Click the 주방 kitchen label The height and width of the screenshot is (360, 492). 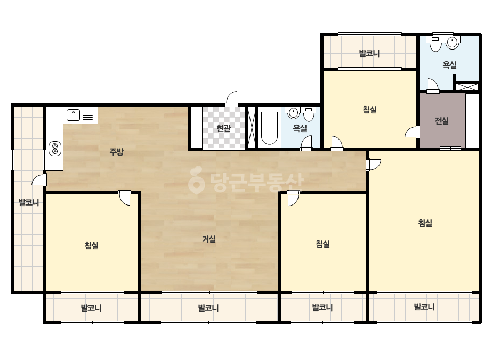coord(116,152)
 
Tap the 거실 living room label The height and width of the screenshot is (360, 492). coord(208,239)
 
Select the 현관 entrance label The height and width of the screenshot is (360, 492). coord(224,128)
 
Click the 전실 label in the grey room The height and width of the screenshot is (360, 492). coord(442,121)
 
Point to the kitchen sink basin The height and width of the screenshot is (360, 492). coord(74,115)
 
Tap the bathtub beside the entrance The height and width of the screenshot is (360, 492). coord(269,128)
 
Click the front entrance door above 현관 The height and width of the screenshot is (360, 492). coord(232,99)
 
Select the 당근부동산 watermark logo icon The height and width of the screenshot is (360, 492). coord(196,180)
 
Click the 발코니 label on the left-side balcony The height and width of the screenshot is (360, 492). coord(29,202)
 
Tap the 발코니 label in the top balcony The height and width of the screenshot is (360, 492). coord(369,53)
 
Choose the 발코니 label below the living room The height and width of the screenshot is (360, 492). coord(208,308)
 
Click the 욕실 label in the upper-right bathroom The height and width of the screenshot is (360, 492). coord(450,65)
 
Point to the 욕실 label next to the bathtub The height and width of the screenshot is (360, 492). coord(300,128)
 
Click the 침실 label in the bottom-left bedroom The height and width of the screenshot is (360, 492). coord(92,245)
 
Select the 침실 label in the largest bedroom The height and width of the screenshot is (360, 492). coord(425,223)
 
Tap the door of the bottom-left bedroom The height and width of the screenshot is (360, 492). coord(125,198)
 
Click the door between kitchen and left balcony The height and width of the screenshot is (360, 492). coord(39,180)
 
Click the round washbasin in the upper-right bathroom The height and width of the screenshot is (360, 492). coord(453,43)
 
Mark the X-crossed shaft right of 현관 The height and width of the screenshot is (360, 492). coord(252,127)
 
